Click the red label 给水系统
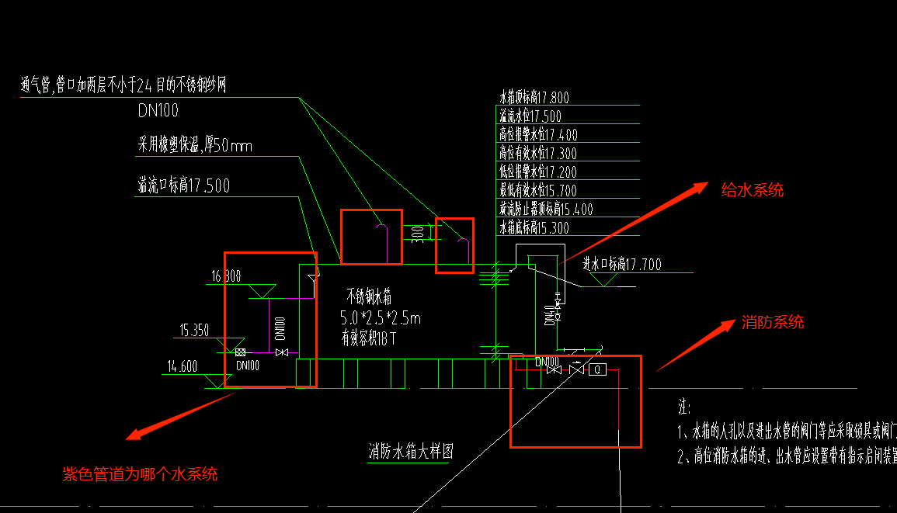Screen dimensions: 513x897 pos(753,189)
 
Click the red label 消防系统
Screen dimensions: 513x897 pos(772,322)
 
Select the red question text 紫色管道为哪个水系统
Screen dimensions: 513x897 pos(140,473)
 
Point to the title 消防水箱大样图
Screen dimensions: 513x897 pos(410,452)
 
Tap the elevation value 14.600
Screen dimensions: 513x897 pos(182,367)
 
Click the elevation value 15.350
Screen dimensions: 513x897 pos(194,330)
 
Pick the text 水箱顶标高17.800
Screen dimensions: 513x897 pos(534,98)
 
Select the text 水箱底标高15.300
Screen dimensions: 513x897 pos(534,228)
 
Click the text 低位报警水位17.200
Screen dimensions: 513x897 pos(537,172)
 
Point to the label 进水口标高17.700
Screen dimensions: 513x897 pos(622,265)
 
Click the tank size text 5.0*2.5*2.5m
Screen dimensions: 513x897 pos(381,317)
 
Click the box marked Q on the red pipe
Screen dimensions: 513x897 pos(597,369)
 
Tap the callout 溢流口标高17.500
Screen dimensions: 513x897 pos(183,185)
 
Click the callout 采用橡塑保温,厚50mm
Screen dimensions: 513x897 pos(195,145)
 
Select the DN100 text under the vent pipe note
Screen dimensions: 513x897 pos(158,110)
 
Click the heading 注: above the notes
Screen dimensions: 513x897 pos(683,407)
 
